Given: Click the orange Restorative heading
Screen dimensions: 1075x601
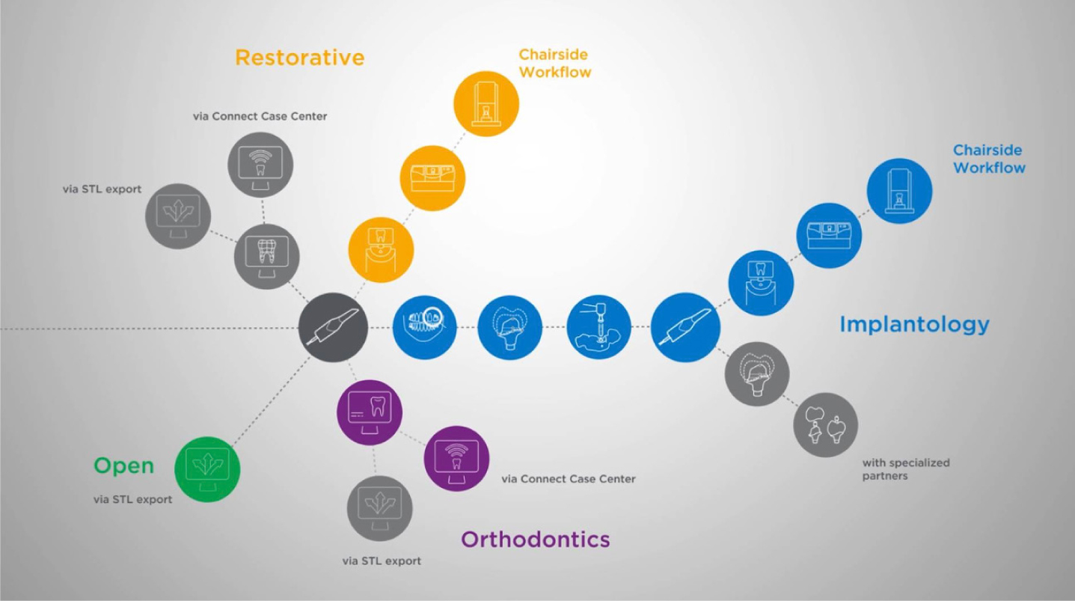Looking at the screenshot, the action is pyautogui.click(x=299, y=58).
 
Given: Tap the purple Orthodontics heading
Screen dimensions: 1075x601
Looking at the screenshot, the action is pyautogui.click(x=535, y=540).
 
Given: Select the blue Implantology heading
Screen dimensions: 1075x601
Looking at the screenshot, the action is pyautogui.click(x=914, y=325).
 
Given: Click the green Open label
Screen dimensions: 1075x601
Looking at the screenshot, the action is pyautogui.click(x=124, y=466).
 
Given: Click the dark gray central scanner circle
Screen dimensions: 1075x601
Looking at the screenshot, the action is pyautogui.click(x=333, y=327).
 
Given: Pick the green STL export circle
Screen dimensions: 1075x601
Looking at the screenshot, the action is pyautogui.click(x=207, y=469).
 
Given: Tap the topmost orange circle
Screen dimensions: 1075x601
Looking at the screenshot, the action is pyautogui.click(x=486, y=104).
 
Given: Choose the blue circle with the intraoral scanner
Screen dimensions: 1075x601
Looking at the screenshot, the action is pyautogui.click(x=685, y=327).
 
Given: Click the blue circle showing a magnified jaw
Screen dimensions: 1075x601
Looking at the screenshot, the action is pyautogui.click(x=425, y=327).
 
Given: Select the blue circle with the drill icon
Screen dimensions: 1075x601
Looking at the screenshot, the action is pyautogui.click(x=598, y=327).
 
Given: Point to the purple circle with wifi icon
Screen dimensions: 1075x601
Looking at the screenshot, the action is pyautogui.click(x=456, y=459).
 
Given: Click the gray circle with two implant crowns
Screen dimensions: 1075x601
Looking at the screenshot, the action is pyautogui.click(x=825, y=425).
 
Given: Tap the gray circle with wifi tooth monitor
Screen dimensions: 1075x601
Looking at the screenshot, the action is pyautogui.click(x=260, y=165).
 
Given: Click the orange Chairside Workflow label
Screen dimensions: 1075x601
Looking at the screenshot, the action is pyautogui.click(x=555, y=64).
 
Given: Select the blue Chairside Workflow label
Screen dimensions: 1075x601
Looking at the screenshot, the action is pyautogui.click(x=989, y=159).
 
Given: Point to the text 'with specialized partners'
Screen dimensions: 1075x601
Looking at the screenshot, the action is pyautogui.click(x=906, y=469).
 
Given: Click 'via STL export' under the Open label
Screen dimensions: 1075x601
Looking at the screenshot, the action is pyautogui.click(x=132, y=499).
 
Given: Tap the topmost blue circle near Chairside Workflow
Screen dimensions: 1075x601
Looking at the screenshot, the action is pyautogui.click(x=899, y=191).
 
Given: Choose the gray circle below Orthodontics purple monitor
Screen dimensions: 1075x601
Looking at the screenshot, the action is pyautogui.click(x=379, y=508).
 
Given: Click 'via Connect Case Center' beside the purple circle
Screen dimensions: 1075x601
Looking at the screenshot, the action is pyautogui.click(x=569, y=478).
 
